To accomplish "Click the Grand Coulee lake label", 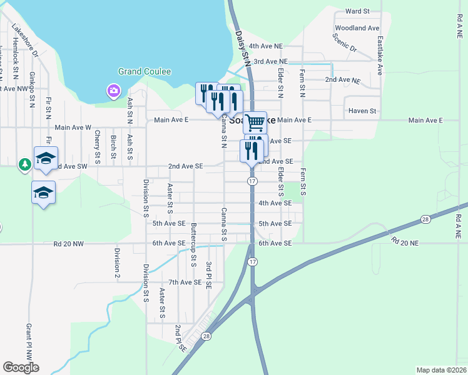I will click(145, 72).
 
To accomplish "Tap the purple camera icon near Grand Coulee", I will click(114, 92).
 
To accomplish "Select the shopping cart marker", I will click(255, 122).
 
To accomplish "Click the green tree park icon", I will click(25, 164).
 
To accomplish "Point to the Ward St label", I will click(358, 11).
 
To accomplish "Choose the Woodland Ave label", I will click(357, 28).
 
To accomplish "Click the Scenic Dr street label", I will click(345, 43).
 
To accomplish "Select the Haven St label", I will click(363, 111).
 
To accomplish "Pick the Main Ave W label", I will click(73, 127).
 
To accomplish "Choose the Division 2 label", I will click(116, 263).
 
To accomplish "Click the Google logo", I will click(21, 367).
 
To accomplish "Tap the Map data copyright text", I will click(441, 370).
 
